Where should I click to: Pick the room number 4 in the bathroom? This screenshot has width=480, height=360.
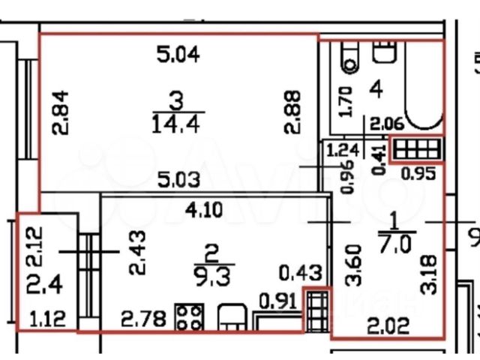pos(377,90)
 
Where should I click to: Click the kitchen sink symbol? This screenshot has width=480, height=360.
pos(229,317)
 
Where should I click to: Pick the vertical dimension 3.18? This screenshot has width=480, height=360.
pos(427,266)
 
